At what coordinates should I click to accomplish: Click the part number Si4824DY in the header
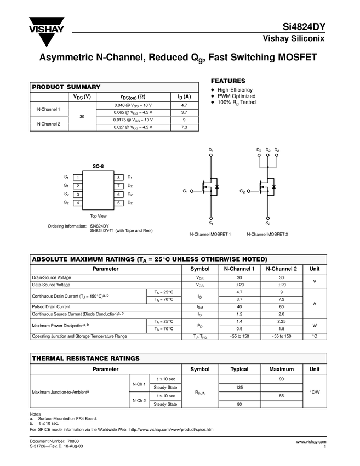(304, 27)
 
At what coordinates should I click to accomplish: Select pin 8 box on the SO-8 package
(118, 178)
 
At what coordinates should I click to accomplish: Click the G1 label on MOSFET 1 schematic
(185, 191)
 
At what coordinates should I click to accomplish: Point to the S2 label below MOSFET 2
(267, 223)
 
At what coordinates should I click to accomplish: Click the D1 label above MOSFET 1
(211, 150)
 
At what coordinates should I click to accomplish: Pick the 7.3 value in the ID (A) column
(184, 127)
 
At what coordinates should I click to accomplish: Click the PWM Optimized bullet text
(236, 96)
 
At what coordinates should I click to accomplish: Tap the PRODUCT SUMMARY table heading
(66, 87)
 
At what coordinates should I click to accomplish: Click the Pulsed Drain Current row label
(51, 306)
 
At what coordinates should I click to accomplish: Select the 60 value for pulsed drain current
(281, 306)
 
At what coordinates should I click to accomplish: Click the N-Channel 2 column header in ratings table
(281, 269)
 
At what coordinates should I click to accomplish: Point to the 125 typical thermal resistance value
(239, 388)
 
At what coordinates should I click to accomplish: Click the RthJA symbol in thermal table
(199, 392)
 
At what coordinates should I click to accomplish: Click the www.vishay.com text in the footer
(311, 441)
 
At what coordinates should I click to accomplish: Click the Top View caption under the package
(98, 216)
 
